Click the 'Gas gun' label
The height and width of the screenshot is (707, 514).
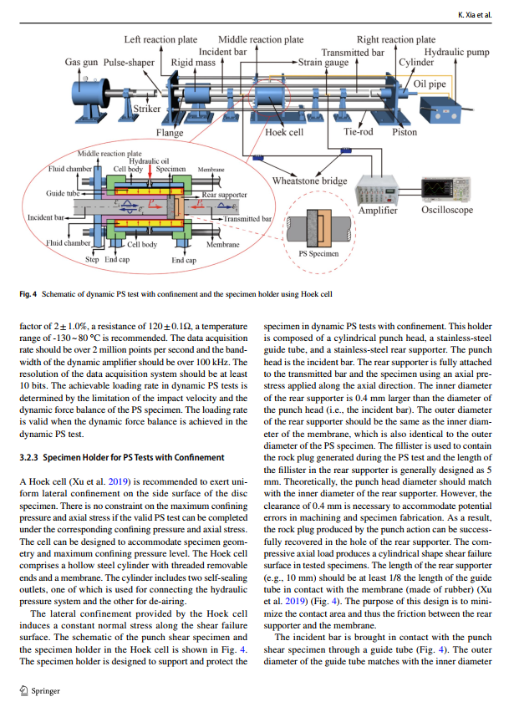point(82,62)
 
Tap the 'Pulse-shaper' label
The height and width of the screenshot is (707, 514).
point(130,62)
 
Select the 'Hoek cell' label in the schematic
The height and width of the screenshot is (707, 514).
point(284,132)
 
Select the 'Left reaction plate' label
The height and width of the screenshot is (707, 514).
point(160,39)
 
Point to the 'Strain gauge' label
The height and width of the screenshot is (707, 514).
point(324,62)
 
